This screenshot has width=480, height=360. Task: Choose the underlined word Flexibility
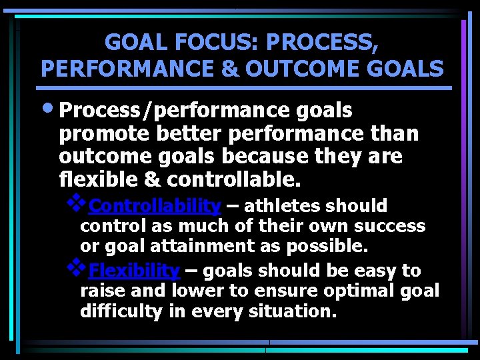(134, 271)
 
